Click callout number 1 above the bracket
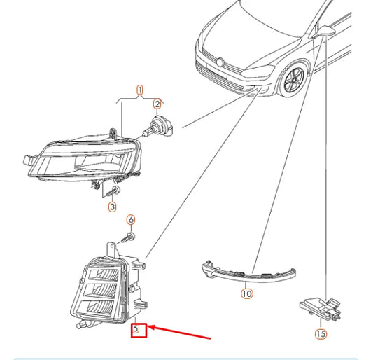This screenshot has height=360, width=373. (140, 90)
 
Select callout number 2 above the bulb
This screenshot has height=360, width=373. (157, 104)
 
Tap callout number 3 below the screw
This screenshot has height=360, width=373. (112, 207)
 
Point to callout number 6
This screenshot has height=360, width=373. (131, 220)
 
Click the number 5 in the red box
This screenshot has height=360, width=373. (136, 328)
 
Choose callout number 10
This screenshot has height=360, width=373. (247, 293)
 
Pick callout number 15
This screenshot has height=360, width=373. (321, 333)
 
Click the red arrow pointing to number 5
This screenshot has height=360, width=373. (179, 332)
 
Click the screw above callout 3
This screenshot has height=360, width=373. (113, 191)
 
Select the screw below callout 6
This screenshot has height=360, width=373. (128, 237)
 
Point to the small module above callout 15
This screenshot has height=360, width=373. (320, 308)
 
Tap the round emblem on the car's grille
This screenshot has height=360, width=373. (220, 62)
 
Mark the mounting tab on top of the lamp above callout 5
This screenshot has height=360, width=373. (111, 249)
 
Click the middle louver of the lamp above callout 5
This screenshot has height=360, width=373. (103, 291)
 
